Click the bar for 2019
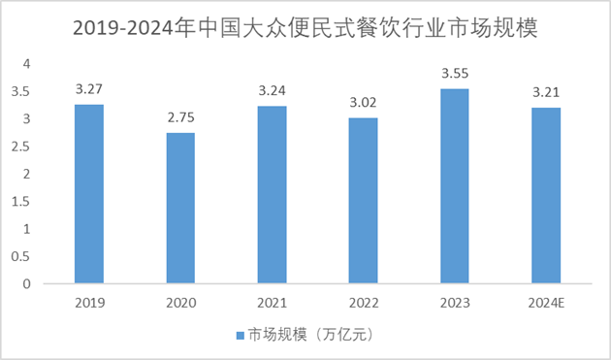(x=89, y=194)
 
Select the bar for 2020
(x=180, y=209)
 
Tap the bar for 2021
(x=272, y=195)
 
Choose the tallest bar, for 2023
(x=454, y=186)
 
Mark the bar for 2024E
(x=546, y=196)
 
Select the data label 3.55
(x=454, y=74)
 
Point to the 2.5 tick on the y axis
(x=24, y=147)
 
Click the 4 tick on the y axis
(x=27, y=64)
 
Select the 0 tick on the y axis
(x=27, y=284)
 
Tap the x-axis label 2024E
(x=546, y=303)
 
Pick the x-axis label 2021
(x=272, y=303)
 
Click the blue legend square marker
(x=241, y=335)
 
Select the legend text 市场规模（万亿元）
(x=310, y=335)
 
